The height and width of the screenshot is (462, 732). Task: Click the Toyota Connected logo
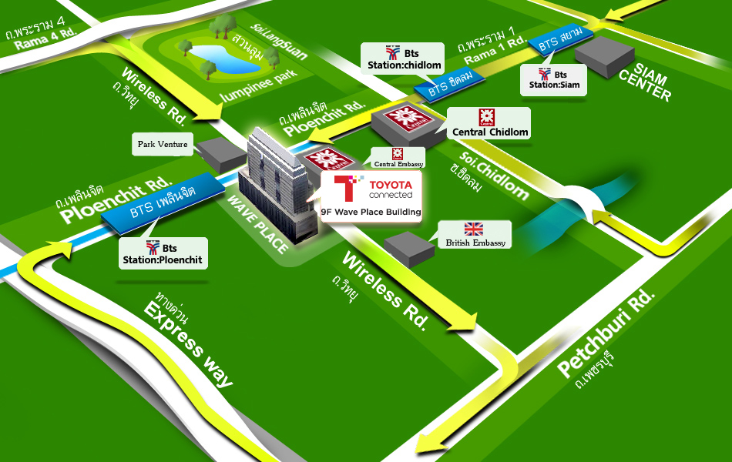pos(372,189)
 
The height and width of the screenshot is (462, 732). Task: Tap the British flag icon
pos(473,229)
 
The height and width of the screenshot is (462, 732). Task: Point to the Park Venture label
pos(163,144)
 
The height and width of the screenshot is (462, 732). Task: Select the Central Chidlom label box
pos(489,123)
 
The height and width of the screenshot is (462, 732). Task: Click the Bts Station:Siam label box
pos(554,79)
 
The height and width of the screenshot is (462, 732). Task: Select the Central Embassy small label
pos(398,157)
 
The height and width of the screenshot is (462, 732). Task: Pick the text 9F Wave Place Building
pos(371,212)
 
